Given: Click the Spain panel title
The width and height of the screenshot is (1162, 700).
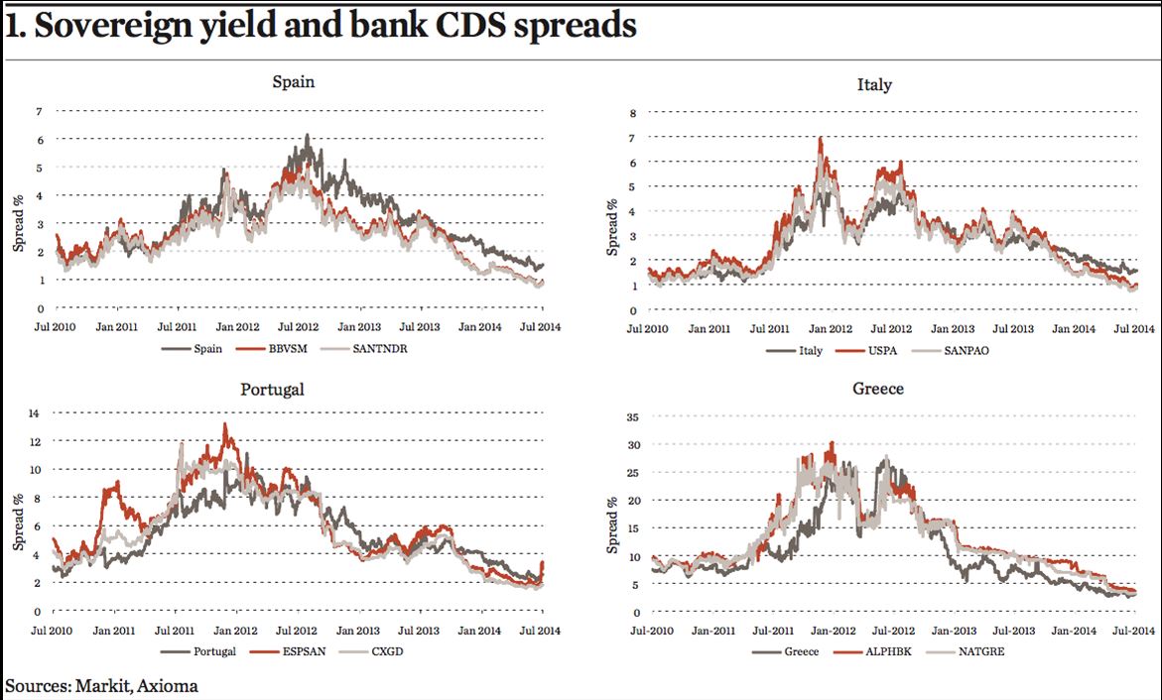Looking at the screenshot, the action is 294,81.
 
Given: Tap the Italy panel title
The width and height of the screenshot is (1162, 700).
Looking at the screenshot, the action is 874,85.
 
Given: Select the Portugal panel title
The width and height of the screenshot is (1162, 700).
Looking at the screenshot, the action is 272,390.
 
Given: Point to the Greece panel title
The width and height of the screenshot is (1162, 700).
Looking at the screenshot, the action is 878,388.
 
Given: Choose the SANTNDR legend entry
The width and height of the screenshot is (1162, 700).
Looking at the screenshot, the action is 364,349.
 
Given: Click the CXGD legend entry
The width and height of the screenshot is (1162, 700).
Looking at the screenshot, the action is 371,651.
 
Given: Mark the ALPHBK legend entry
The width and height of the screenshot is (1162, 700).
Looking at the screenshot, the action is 872,651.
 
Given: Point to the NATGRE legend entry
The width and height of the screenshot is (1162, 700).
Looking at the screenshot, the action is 965,651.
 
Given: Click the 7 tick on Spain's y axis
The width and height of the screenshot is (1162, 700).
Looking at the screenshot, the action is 40,111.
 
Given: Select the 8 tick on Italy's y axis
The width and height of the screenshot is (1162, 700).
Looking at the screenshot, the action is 633,113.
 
